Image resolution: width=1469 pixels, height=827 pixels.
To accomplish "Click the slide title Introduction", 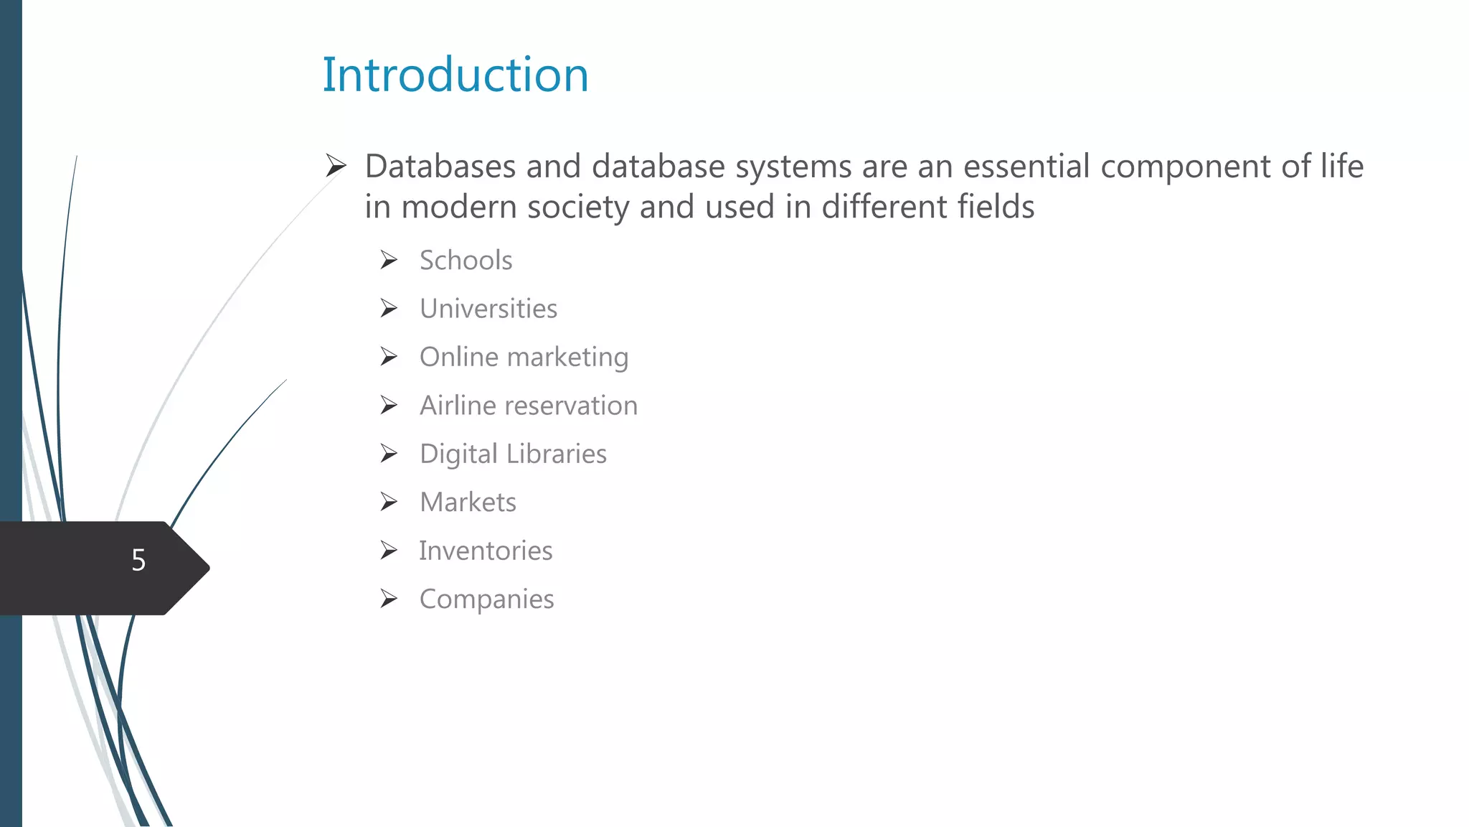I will pos(455,75).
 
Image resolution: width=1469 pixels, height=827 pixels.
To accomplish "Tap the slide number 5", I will pos(138,560).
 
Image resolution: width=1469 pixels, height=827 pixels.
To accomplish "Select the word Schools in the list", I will pos(466,261).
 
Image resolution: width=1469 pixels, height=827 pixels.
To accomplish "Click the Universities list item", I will pos(488,309).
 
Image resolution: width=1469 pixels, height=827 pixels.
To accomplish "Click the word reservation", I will pos(571,406).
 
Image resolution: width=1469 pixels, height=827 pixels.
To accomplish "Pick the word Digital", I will pos(458,454).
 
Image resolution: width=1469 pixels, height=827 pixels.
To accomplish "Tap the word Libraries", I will pos(556,454).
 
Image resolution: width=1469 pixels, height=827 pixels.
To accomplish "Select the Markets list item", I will pos(468,503).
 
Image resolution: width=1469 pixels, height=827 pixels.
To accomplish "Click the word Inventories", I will pos(486,551).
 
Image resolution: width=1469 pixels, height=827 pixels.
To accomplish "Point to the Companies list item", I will pos(486,599).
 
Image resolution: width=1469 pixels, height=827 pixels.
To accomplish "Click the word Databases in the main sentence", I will pos(440,167).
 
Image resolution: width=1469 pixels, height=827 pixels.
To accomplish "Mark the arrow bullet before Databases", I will pos(336,166).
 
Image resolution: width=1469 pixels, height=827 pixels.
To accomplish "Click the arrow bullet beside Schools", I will pos(389,260).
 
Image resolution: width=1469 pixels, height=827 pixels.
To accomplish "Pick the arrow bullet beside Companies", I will pos(389,599).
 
